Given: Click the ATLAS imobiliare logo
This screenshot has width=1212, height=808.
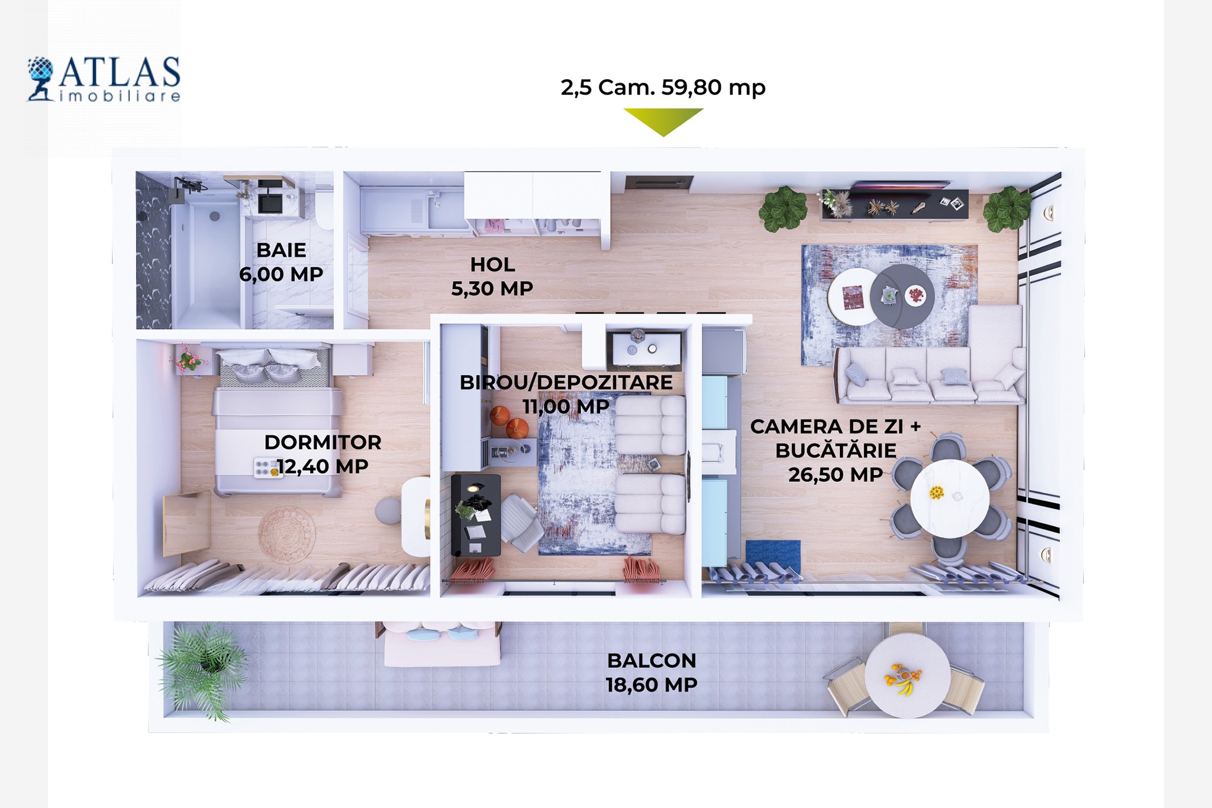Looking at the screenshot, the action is coord(104,79).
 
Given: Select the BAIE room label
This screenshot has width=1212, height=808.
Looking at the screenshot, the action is coord(281,250).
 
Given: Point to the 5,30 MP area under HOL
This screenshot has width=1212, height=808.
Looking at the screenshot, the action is coord(492,289).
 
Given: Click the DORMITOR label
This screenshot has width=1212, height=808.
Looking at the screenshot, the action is coord(323,442).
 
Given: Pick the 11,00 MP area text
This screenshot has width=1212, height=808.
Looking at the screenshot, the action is coord(566,407).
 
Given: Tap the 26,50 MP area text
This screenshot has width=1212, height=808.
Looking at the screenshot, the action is coord(836,475).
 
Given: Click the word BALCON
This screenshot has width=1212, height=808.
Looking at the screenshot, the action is coord(652,661).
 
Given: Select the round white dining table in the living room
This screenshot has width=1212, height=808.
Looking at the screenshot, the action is coord(950,498).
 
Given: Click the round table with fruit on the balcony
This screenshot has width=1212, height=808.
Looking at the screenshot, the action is coord(907,675).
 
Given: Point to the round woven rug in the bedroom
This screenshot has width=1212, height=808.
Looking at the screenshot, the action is coord(286,535).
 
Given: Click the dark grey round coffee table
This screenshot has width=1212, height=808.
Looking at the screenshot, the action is coord(902,296).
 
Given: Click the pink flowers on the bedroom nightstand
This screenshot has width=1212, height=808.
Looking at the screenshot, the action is coord(188,358).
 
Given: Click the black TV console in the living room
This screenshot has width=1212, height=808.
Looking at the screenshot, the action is coord(894,204).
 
